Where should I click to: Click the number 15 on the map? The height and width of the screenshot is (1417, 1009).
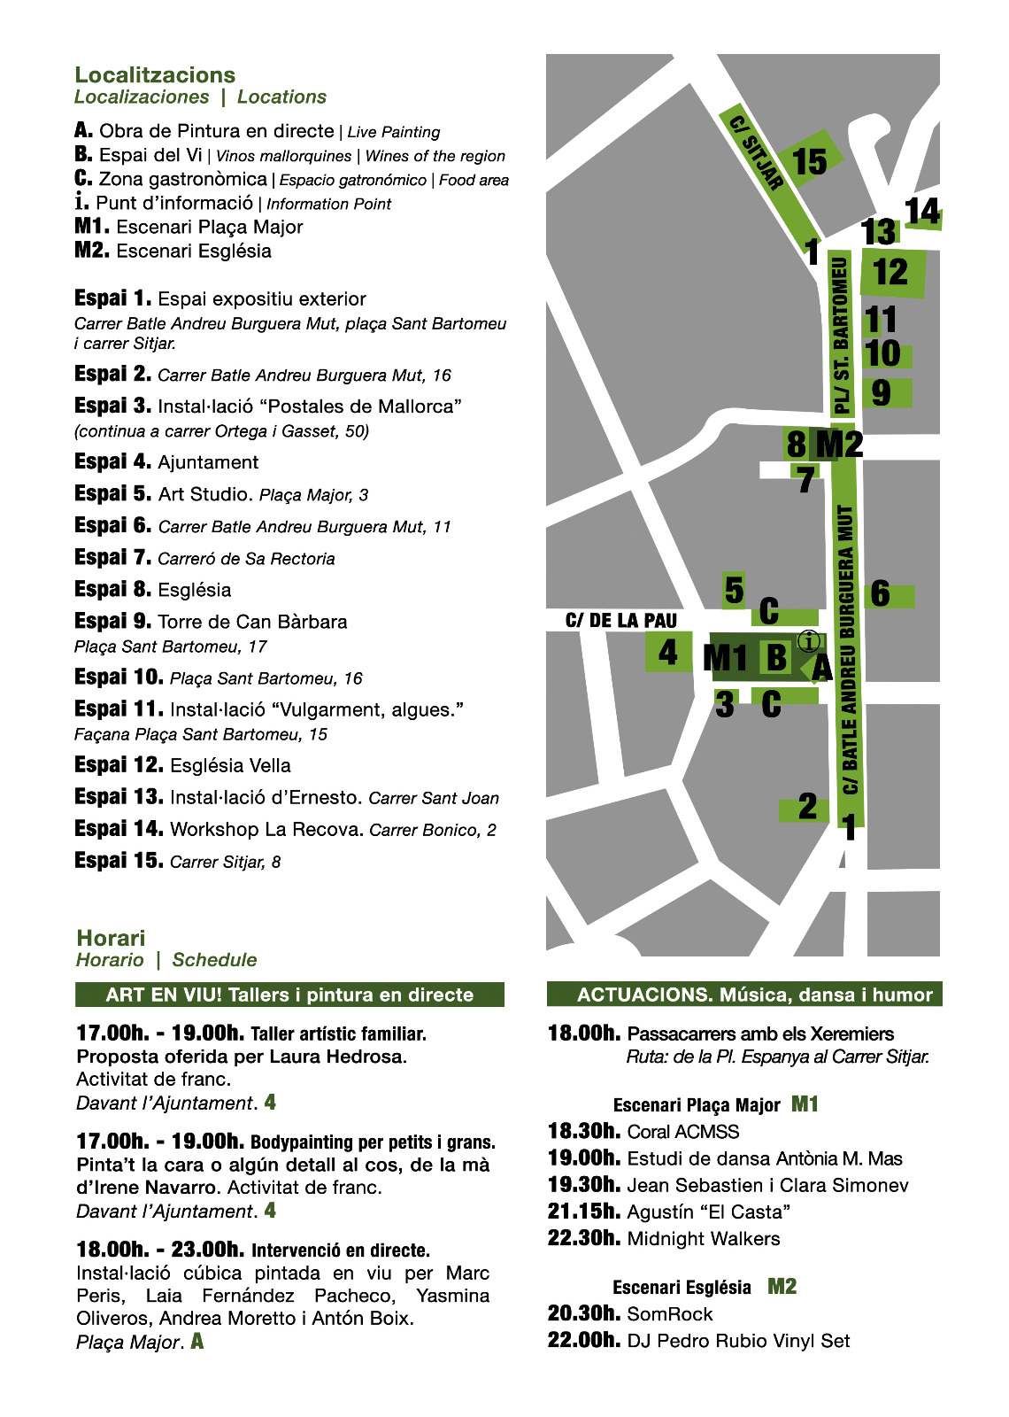pyautogui.click(x=810, y=162)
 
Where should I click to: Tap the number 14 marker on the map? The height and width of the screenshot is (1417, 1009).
pyautogui.click(x=922, y=212)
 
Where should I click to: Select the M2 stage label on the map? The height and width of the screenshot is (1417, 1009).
pyautogui.click(x=839, y=444)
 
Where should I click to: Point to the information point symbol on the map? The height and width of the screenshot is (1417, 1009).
pyautogui.click(x=809, y=641)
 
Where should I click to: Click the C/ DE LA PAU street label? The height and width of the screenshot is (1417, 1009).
pyautogui.click(x=620, y=621)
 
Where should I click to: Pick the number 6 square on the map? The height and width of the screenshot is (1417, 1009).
pyautogui.click(x=881, y=594)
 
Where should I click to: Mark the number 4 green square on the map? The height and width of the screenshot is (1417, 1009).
pyautogui.click(x=668, y=653)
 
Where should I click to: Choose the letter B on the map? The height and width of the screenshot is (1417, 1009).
pyautogui.click(x=776, y=657)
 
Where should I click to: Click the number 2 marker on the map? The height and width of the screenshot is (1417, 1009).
pyautogui.click(x=807, y=807)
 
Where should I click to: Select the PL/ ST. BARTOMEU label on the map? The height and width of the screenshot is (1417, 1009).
pyautogui.click(x=842, y=337)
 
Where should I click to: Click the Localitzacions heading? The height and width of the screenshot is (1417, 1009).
pyautogui.click(x=155, y=75)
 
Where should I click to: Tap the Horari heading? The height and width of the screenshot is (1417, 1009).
pyautogui.click(x=111, y=938)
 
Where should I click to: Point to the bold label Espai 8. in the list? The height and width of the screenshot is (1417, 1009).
pyautogui.click(x=112, y=589)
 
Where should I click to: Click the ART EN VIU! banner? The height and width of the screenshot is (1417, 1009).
pyautogui.click(x=289, y=995)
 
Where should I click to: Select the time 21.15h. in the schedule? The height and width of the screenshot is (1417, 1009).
pyautogui.click(x=583, y=1212)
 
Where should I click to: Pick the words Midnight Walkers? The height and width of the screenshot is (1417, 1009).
pyautogui.click(x=704, y=1239)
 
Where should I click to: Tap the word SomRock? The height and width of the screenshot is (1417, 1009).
pyautogui.click(x=670, y=1314)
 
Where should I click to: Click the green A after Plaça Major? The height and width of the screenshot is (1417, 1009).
pyautogui.click(x=197, y=1341)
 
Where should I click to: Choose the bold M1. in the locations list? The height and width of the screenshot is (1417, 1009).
pyautogui.click(x=92, y=227)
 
